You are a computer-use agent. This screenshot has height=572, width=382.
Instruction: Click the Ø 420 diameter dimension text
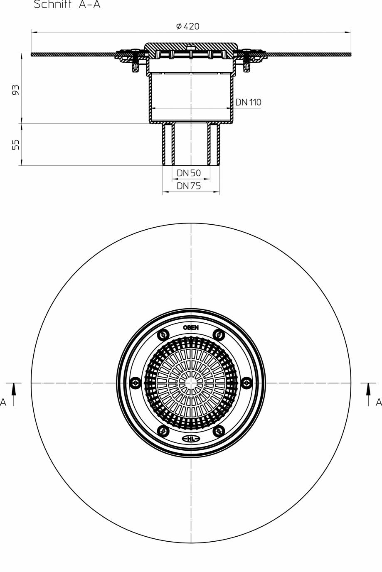point(187,27)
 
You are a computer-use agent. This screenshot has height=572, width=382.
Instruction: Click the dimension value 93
point(15,90)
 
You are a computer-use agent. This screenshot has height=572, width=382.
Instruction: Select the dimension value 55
point(15,145)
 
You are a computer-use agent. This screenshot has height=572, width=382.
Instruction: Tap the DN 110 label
point(248,102)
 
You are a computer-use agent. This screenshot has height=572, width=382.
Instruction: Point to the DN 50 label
point(189,173)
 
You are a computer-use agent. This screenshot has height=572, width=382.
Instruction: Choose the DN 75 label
point(189,186)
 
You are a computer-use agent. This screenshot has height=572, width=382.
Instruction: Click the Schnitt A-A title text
point(67,5)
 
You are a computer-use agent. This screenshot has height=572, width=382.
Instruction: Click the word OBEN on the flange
point(191,327)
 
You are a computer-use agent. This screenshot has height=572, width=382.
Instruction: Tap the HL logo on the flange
point(191,439)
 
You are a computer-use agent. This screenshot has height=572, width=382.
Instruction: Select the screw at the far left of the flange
point(136,383)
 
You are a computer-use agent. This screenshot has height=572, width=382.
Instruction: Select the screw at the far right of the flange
point(246,383)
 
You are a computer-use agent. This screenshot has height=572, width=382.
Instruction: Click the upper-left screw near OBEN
point(163,334)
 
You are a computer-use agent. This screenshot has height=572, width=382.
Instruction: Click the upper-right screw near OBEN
point(219,334)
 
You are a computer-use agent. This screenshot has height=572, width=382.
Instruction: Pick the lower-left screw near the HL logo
point(163,431)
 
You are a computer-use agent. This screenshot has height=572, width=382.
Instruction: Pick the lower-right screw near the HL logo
point(219,431)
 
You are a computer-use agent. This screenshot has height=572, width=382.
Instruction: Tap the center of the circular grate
point(191,383)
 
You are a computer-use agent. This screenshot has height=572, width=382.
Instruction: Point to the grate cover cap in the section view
point(191,45)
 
